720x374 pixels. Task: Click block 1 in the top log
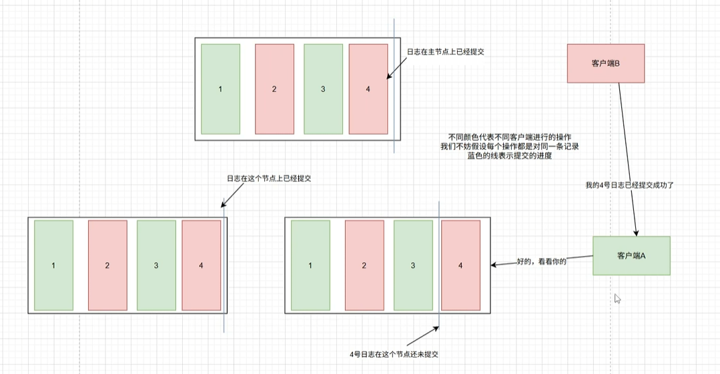tap(220, 89)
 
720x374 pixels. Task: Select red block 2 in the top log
tap(274, 89)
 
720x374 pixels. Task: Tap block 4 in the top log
tap(368, 89)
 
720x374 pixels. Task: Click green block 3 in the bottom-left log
tap(156, 265)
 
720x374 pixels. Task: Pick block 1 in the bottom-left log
tap(53, 265)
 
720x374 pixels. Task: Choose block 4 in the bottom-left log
tap(201, 265)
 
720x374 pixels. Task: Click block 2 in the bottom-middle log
tap(364, 265)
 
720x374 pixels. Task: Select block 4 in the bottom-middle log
tap(460, 265)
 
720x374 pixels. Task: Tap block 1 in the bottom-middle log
tap(310, 265)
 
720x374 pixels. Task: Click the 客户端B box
tap(605, 63)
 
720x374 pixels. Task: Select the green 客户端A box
tap(631, 255)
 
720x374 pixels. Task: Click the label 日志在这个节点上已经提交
tap(270, 179)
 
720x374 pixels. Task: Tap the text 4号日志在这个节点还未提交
tap(394, 354)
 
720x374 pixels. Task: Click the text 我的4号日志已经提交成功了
tap(630, 185)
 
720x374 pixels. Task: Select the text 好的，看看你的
tap(541, 262)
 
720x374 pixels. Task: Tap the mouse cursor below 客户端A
tap(617, 299)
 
